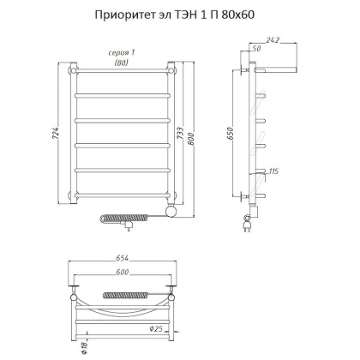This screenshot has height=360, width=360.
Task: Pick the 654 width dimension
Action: (x=126, y=261)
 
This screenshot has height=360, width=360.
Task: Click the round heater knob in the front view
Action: (x=171, y=208)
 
